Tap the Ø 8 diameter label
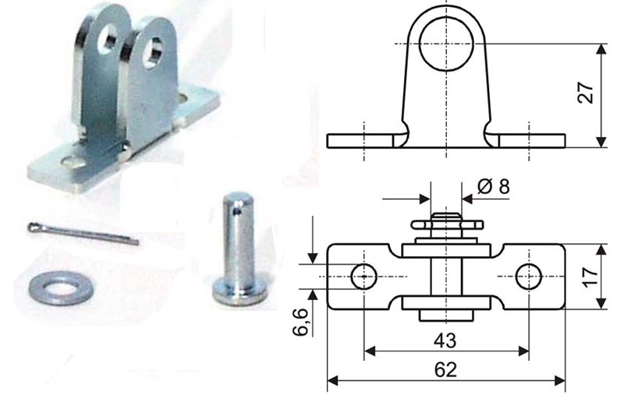(x=493, y=186)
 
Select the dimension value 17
(x=590, y=276)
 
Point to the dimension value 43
(x=445, y=340)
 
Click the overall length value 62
(x=445, y=370)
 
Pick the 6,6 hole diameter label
(x=301, y=322)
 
